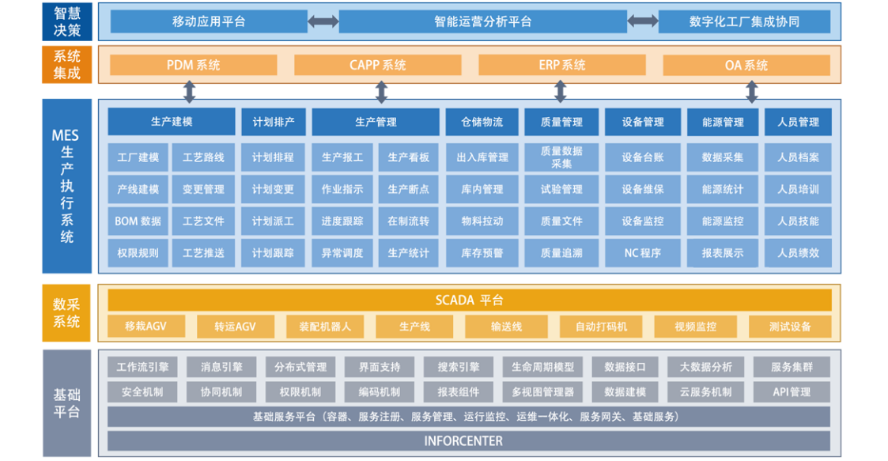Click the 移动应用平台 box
(209, 21)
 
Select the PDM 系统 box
(193, 65)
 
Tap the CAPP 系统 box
(378, 65)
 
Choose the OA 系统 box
(746, 65)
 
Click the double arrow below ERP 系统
(560, 91)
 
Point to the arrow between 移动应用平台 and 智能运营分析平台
(323, 21)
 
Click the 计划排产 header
(274, 122)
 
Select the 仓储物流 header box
(482, 122)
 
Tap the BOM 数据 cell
(138, 221)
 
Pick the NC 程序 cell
(643, 252)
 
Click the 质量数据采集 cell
(561, 157)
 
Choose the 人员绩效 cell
(798, 252)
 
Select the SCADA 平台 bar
(470, 300)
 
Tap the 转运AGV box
(236, 327)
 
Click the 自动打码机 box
(601, 327)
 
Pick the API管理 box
(792, 392)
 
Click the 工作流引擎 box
(142, 367)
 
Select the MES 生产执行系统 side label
(67, 187)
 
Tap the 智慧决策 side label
(67, 21)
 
